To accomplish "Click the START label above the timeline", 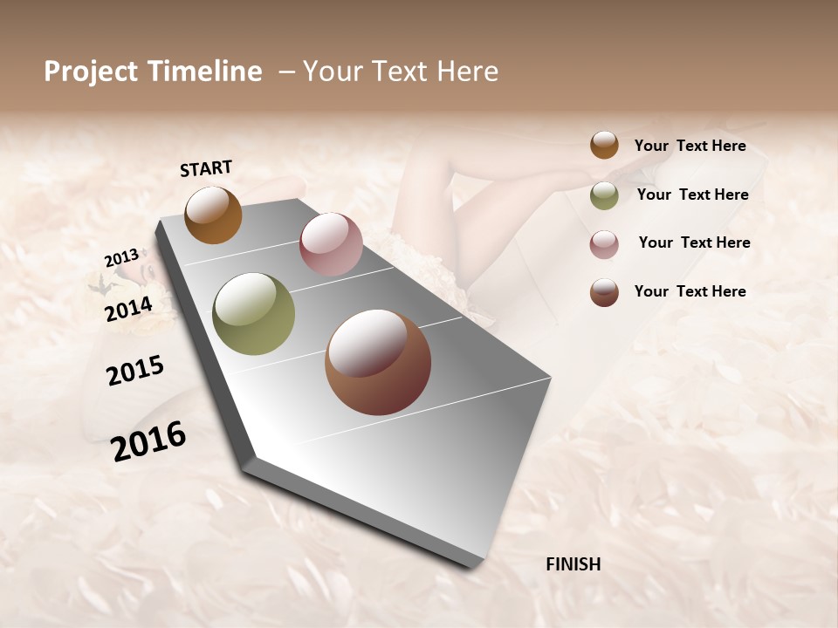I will [x=206, y=168].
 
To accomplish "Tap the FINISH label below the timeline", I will [x=574, y=564].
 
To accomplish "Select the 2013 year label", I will [x=121, y=258].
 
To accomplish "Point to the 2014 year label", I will [x=129, y=309].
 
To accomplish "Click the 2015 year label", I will [x=135, y=371].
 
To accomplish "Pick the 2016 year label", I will [x=148, y=441].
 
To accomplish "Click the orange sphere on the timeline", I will [x=213, y=215].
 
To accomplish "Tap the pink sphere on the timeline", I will [x=331, y=244].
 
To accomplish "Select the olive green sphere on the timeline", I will [x=254, y=314].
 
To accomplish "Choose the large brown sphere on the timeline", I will [x=378, y=362].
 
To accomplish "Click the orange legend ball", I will [x=604, y=145].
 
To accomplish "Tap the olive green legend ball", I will [x=604, y=195].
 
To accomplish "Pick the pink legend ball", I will [x=604, y=244].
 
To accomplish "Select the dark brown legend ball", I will [x=604, y=292].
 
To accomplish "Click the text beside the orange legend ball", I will [x=690, y=146].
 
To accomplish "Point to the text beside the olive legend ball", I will [x=692, y=195].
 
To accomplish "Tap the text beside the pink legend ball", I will [x=694, y=242].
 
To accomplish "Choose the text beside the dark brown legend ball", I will [x=690, y=291].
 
